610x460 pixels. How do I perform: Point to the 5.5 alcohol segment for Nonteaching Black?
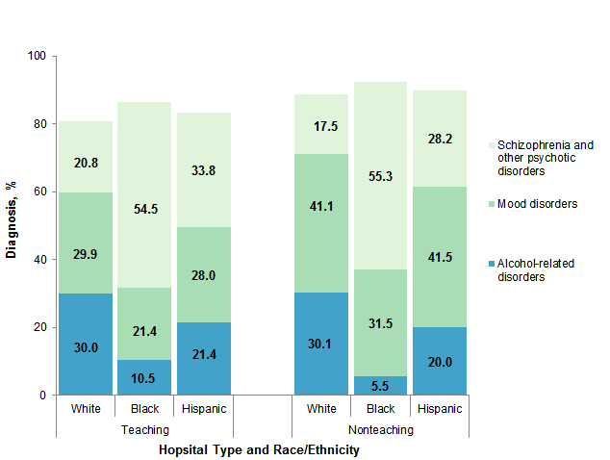tap(380, 385)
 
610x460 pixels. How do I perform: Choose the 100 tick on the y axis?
tap(36, 56)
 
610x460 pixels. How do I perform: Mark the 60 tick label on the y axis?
tap(38, 192)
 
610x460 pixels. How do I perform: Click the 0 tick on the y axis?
tap(41, 395)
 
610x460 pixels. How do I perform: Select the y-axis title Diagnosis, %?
tap(12, 224)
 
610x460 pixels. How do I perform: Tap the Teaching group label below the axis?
tap(144, 430)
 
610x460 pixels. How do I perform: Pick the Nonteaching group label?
tap(379, 430)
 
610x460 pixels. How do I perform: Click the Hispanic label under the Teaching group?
tap(203, 409)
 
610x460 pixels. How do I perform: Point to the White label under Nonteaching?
tap(321, 409)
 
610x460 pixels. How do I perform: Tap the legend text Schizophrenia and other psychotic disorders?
tap(544, 158)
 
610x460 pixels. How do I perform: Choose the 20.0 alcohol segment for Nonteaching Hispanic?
tap(439, 362)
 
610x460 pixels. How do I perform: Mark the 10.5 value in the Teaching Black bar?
tap(144, 378)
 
